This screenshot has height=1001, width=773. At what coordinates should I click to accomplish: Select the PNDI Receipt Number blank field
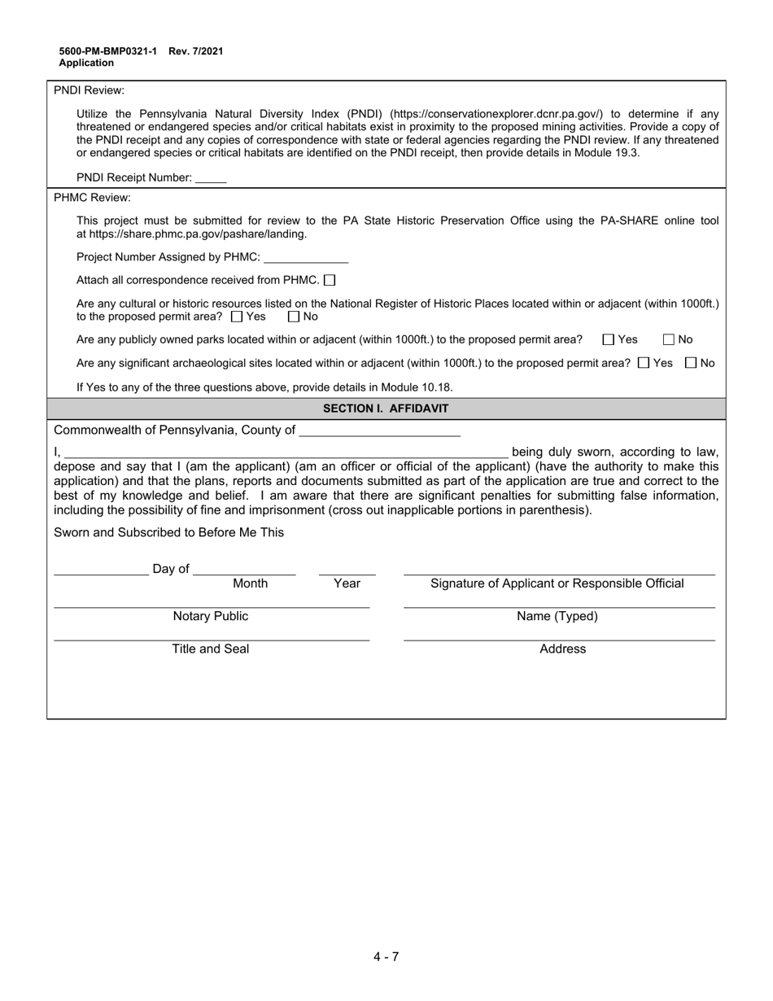click(211, 177)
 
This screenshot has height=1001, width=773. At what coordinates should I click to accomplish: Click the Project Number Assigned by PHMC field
click(306, 257)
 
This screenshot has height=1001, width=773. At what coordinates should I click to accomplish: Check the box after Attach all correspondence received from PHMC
click(330, 280)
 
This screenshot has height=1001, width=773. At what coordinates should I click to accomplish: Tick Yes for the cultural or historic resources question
click(237, 317)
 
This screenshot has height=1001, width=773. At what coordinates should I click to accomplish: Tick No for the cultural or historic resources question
click(294, 317)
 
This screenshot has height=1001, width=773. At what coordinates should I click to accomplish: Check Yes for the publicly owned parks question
click(608, 339)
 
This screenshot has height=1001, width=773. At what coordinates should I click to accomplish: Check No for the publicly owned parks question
click(669, 339)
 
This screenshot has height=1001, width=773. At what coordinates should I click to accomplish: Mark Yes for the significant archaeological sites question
click(644, 363)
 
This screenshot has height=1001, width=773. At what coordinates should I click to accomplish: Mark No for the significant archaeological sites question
click(691, 363)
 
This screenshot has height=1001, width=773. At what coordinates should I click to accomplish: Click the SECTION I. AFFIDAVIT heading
click(386, 409)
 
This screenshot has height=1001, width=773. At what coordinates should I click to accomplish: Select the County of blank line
click(379, 431)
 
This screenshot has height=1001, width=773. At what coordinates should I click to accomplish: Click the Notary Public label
click(211, 617)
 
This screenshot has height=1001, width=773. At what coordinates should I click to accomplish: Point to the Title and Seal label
click(211, 649)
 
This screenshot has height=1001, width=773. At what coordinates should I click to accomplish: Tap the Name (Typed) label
click(557, 617)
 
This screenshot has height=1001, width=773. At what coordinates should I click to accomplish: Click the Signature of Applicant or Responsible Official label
click(557, 584)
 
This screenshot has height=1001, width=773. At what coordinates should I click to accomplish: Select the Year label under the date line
click(347, 584)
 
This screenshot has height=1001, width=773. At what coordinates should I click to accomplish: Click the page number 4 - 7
click(386, 956)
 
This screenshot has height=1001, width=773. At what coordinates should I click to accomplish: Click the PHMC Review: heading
click(92, 198)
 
